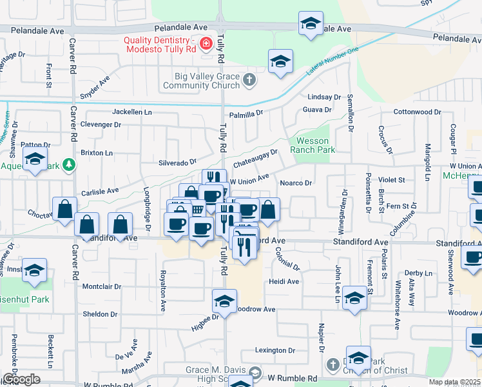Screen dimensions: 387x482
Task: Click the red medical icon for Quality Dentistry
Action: click(206, 45)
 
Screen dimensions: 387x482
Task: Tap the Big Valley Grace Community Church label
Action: click(201, 81)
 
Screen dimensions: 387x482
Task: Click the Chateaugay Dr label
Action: click(255, 155)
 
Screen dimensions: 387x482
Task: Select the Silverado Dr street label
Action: click(177, 163)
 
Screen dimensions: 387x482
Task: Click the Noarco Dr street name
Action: click(296, 183)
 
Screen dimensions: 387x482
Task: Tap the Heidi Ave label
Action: click(284, 282)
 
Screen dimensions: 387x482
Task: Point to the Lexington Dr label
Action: click(275, 351)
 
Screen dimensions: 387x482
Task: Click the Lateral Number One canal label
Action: click(332, 62)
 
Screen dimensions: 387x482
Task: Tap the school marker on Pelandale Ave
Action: click(311, 25)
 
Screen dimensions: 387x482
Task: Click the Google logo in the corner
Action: click(21, 379)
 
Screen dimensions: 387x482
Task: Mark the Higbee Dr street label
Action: click(205, 322)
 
